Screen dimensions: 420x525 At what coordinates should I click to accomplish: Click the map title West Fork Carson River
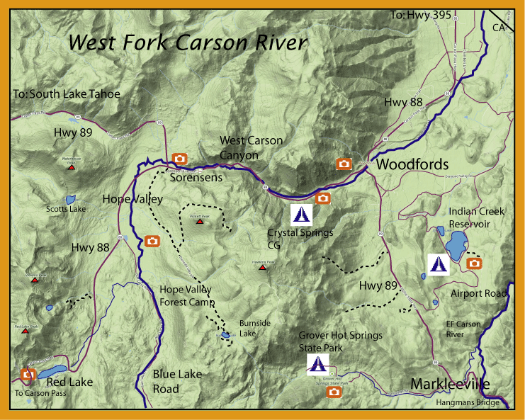point(188,42)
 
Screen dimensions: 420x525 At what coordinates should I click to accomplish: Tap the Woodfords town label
point(412,164)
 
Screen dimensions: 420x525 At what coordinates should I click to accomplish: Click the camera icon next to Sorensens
point(180,159)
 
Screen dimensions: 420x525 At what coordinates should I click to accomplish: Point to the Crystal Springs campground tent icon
point(301,213)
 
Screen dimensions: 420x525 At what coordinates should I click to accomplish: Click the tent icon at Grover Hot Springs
point(317,365)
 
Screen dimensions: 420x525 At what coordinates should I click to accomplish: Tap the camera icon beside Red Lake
point(29,373)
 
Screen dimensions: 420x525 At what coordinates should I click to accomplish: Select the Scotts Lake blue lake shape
point(70,200)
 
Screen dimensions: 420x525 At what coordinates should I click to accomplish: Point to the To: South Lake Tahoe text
point(67,93)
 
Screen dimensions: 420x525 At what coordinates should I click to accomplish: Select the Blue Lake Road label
point(177,381)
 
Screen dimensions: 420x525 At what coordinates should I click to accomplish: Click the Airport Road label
point(479,293)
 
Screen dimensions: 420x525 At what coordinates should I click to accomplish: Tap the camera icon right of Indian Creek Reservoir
point(475,263)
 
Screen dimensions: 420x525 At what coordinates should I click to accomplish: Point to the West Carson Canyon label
point(251,147)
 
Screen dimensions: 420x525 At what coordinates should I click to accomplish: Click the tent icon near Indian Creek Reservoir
point(438,263)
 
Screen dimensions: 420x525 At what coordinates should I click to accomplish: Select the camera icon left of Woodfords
point(344,164)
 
